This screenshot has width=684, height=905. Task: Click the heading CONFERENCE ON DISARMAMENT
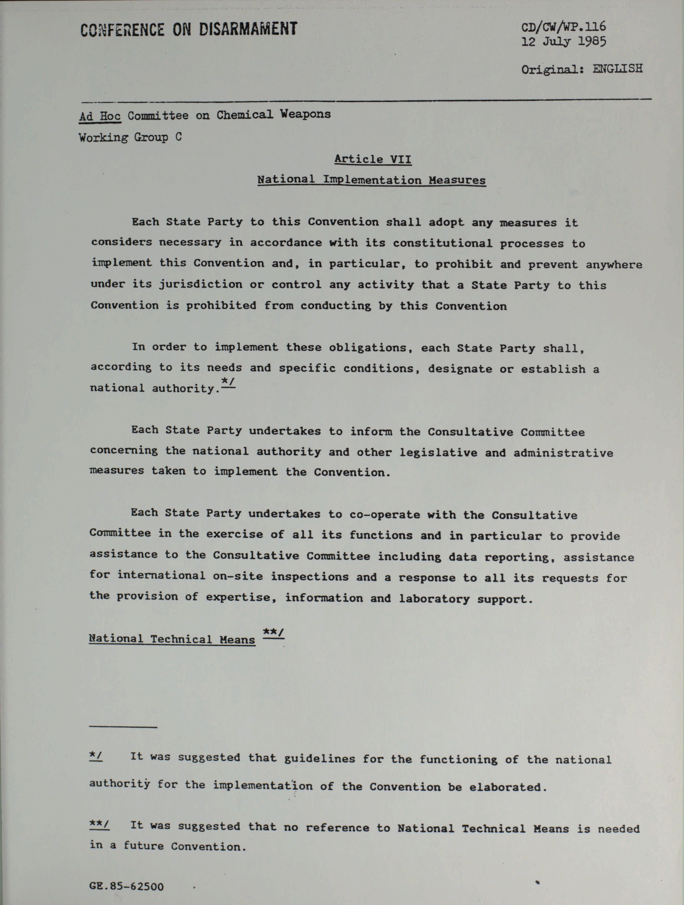pyautogui.click(x=189, y=29)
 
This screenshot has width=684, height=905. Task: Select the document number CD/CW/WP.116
pyautogui.click(x=563, y=27)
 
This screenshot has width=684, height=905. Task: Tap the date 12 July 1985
pyautogui.click(x=563, y=42)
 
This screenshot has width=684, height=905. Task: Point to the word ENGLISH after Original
pyautogui.click(x=617, y=69)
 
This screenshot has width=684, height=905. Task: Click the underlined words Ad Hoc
pyautogui.click(x=100, y=117)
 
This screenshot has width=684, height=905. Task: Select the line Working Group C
pyautogui.click(x=130, y=137)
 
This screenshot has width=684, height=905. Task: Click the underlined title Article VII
pyautogui.click(x=373, y=159)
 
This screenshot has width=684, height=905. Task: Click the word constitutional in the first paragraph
pyautogui.click(x=442, y=243)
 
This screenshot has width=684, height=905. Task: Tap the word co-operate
pyautogui.click(x=385, y=515)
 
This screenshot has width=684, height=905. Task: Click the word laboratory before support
pyautogui.click(x=434, y=599)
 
